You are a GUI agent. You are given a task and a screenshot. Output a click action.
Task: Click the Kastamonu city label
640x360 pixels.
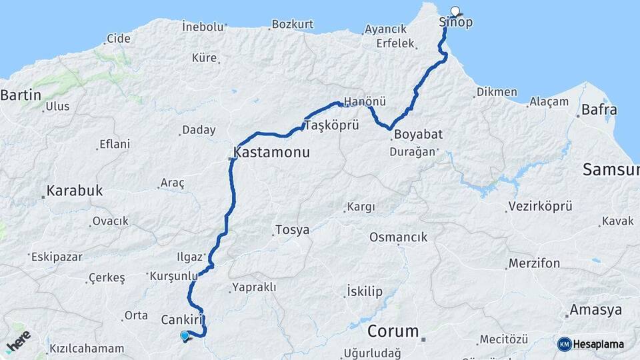click(x=271, y=152)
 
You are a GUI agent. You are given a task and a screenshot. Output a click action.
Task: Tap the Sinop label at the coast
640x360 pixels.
click(x=457, y=23)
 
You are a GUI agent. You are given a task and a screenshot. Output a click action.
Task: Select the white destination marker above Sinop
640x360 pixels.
click(x=455, y=11)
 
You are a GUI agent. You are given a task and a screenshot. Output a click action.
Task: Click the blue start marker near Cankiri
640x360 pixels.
click(x=185, y=336)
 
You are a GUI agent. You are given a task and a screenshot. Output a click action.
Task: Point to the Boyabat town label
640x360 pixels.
click(x=418, y=135)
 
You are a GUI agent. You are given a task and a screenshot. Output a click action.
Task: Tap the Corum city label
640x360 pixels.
click(x=394, y=331)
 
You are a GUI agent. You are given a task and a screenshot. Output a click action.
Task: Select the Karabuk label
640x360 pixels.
click(x=74, y=191)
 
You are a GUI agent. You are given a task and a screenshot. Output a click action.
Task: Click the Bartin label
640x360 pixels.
click(x=21, y=95)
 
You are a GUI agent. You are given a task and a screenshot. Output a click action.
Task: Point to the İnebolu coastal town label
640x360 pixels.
click(x=203, y=27)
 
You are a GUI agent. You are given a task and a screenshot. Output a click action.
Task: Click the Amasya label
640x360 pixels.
click(x=595, y=310)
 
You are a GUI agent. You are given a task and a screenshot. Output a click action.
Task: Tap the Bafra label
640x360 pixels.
click(x=599, y=110)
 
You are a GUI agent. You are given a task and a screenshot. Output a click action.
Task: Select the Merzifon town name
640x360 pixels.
click(x=534, y=263)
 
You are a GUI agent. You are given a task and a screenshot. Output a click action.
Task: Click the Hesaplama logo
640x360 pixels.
click(x=593, y=344)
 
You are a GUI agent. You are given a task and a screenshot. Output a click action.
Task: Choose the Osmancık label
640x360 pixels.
click(x=399, y=237)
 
